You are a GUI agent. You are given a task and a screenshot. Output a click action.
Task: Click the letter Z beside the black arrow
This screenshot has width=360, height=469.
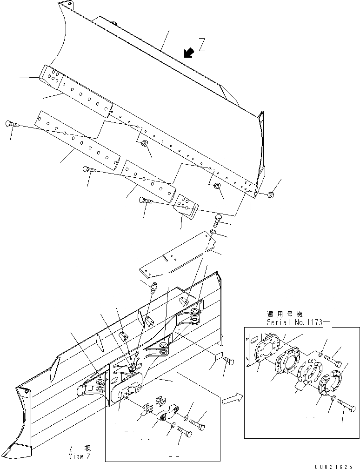pyautogui.click(x=202, y=45)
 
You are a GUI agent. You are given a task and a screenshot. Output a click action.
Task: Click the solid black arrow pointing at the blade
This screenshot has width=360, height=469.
pyautogui.click(x=189, y=53)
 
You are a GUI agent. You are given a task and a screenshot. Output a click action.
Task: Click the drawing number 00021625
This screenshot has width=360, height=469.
pyautogui.click(x=336, y=464)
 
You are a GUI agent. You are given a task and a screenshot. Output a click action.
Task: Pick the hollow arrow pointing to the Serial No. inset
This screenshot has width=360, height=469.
pyautogui.click(x=231, y=398)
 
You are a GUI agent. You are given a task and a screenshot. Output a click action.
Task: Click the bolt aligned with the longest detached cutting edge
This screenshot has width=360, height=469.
pyautogui.click(x=11, y=124)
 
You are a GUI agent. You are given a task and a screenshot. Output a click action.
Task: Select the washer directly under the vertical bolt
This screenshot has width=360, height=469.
pyautogui.click(x=213, y=231)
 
